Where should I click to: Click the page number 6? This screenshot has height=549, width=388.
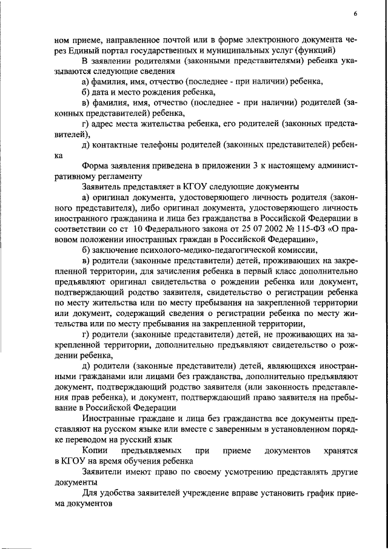pyautogui.click(x=355, y=14)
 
